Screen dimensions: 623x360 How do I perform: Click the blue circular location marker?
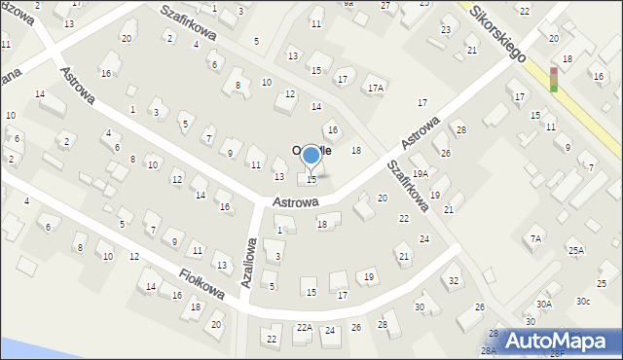coord(311,155)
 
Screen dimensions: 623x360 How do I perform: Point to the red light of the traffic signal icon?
coord(554,71)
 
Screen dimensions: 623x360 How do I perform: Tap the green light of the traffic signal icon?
coord(554,88)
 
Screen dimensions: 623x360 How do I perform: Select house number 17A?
coord(376,88)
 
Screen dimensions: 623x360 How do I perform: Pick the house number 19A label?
coord(420,173)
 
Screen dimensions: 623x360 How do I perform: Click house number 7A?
coord(535,238)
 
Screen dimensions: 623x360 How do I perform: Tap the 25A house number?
coord(577,250)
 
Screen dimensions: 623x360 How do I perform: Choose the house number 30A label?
coord(544,304)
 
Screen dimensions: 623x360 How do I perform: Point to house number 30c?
coord(582,301)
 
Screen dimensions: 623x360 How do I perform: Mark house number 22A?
coord(305,328)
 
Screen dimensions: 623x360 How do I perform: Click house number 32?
coord(454,281)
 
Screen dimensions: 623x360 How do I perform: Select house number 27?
coord(385,6)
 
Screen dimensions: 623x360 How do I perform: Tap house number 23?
coord(446,29)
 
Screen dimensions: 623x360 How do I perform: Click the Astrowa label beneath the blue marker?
coord(297,201)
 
